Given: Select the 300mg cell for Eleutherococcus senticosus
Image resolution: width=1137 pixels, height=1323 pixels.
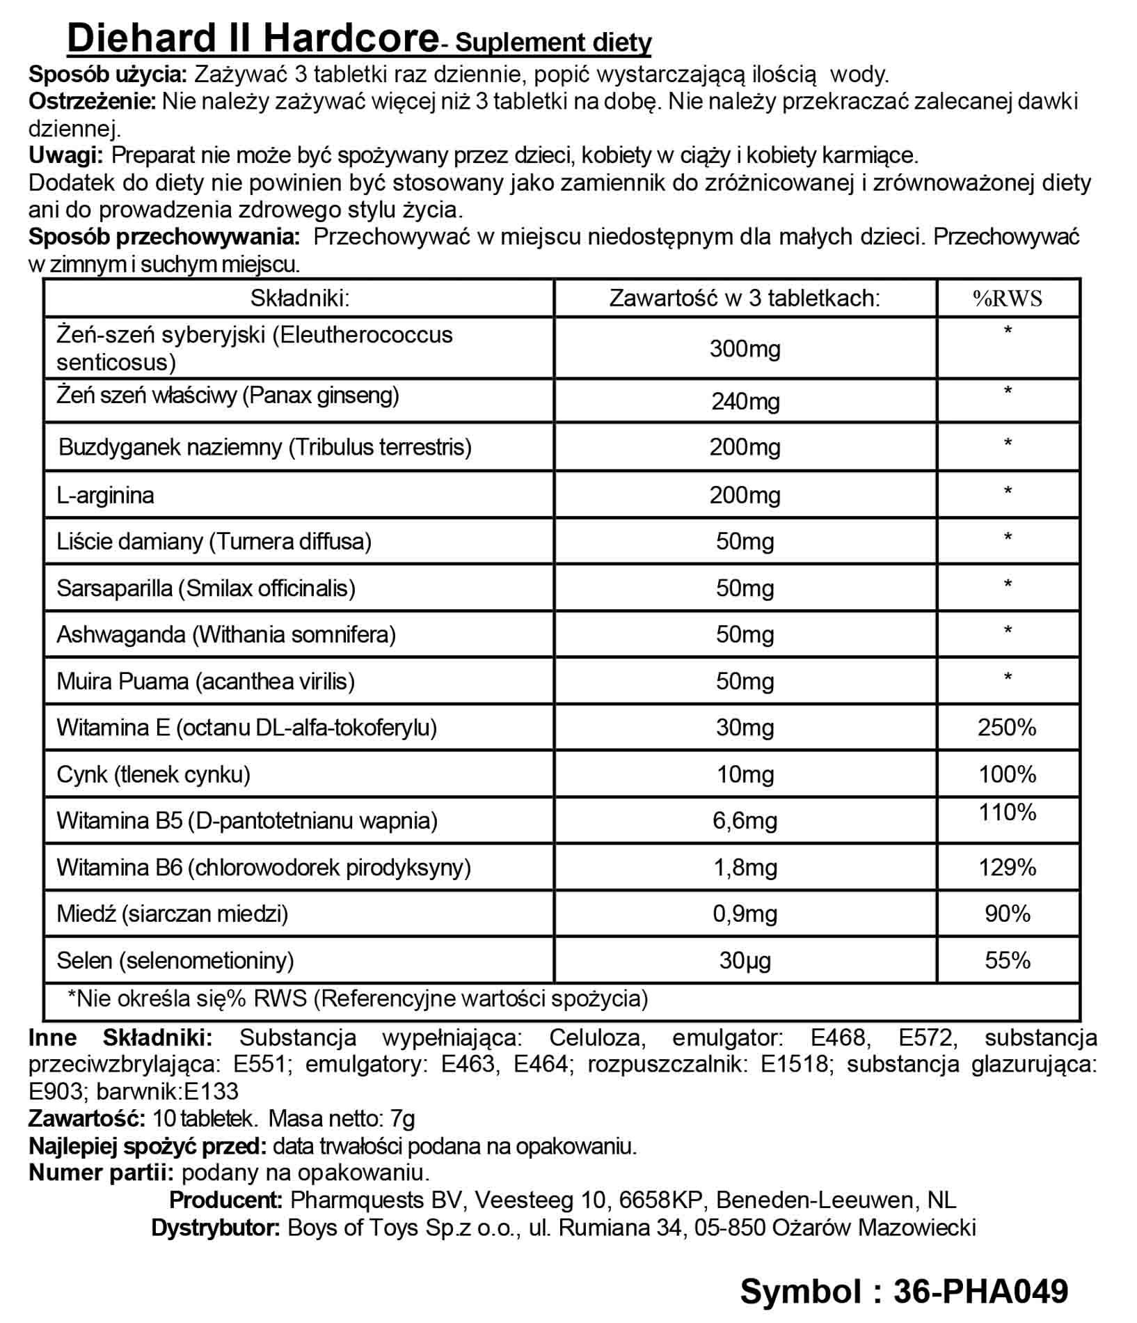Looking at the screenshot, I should (745, 349).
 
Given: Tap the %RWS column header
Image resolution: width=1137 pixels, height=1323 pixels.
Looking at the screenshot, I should (1007, 299).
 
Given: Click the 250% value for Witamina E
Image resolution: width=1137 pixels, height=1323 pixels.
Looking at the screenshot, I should (1007, 728).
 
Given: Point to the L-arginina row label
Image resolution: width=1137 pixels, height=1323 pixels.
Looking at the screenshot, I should (105, 495).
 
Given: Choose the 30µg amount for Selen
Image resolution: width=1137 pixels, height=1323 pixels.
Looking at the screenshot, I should (745, 960).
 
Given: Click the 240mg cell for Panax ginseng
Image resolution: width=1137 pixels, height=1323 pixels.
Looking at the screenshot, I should (745, 402).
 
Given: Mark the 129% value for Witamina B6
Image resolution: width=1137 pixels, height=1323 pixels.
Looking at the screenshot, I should (1007, 868).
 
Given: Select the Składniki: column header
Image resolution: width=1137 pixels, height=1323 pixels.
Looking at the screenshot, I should (299, 299).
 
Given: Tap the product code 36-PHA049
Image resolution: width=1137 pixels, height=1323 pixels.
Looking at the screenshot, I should (980, 1291).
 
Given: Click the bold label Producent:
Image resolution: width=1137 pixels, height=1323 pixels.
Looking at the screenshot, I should (225, 1200).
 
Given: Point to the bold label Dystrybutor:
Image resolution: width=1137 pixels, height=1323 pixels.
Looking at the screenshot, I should (216, 1227).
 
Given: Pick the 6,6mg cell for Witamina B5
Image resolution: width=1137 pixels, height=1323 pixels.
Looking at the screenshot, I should (745, 821).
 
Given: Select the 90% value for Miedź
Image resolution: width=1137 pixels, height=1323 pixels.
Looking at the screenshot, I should (1007, 914).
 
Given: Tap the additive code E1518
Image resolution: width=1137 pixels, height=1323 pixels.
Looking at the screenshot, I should (796, 1064).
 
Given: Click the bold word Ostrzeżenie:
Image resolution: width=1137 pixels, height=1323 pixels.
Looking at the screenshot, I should (93, 102).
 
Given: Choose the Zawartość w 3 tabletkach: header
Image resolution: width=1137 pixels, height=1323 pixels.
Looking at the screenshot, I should (745, 299).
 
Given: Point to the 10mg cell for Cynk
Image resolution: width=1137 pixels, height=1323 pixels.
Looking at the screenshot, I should (745, 774).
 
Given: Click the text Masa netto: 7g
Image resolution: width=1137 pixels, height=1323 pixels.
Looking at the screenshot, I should (342, 1119).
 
